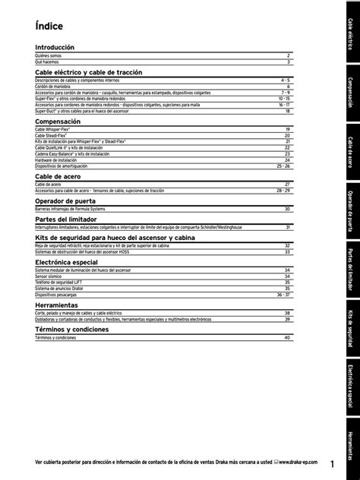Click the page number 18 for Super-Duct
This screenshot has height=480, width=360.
coord(288,109)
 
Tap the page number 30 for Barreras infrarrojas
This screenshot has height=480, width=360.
coord(288,208)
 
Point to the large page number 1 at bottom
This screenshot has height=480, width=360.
coord(333,463)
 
